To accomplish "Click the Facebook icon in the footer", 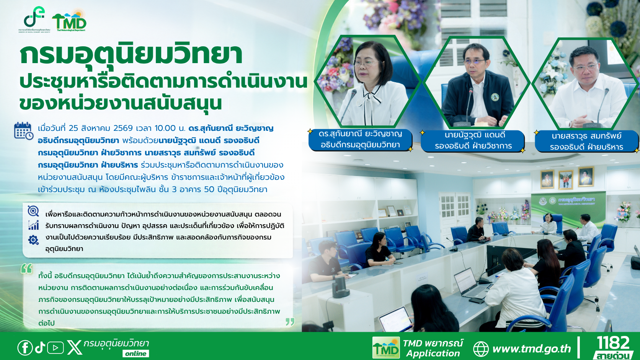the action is coord(25,348).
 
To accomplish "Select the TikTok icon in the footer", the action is coord(40,347).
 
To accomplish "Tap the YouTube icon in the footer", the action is coord(56,348).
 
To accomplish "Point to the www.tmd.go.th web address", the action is coord(531,349).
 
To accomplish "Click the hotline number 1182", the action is coord(613,343).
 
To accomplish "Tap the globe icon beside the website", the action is coord(481,349).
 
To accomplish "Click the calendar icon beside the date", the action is coord(24,131).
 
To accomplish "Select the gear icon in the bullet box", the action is coord(33,240).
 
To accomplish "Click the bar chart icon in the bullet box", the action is coord(33,225).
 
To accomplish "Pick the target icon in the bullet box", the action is coord(33,211).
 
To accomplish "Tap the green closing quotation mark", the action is coord(290,322).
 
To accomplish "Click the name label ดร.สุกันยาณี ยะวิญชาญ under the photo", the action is coord(360,139).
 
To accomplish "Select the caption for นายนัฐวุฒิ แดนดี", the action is coord(473,140).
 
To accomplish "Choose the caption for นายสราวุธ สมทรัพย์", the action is coord(586,141).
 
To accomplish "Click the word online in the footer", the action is coord(136,353).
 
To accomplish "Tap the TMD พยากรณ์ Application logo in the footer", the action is coord(418,348).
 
